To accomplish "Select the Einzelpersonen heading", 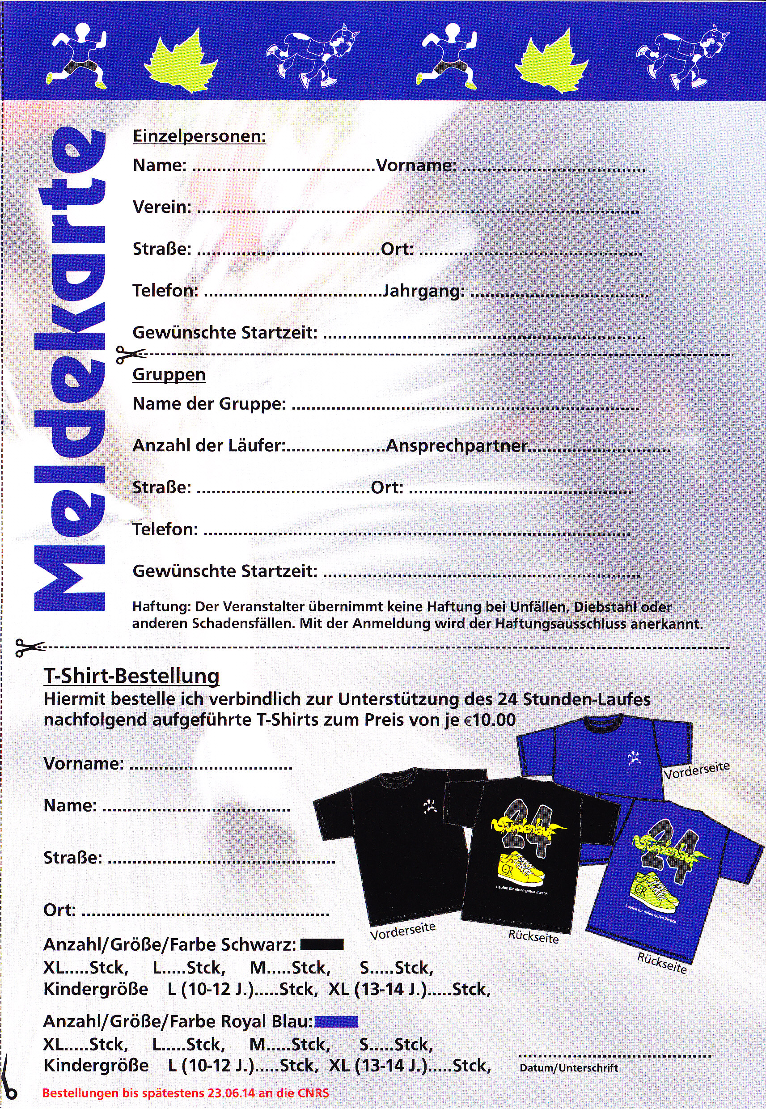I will [x=199, y=136].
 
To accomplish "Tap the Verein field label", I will [x=162, y=207].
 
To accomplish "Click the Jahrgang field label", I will [x=423, y=291].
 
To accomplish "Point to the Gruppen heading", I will [x=169, y=374].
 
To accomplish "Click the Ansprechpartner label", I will [x=457, y=446].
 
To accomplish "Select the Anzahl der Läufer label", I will [x=208, y=446].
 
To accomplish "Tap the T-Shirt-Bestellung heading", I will [x=131, y=676].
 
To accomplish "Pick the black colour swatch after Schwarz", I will [x=322, y=944].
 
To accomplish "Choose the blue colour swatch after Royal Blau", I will [x=336, y=1022].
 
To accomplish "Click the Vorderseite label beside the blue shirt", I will [x=696, y=770].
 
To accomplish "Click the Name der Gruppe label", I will [x=209, y=404].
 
